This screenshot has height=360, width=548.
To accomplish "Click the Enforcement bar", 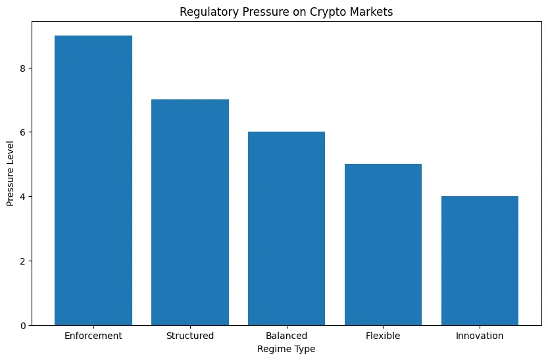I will click(x=93, y=180).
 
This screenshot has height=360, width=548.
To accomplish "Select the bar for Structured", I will click(x=190, y=212).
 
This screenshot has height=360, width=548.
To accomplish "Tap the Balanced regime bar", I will click(x=286, y=228).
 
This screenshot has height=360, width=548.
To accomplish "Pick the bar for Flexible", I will click(x=383, y=244).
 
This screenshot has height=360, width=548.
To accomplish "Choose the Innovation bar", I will click(x=480, y=261).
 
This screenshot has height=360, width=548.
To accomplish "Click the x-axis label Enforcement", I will click(x=93, y=336).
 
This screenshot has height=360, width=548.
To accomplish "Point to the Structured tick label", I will click(x=190, y=336).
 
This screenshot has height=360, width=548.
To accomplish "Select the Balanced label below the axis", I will click(x=286, y=336).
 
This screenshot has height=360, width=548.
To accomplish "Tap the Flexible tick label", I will click(x=383, y=336).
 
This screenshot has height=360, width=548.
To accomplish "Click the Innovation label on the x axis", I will click(x=480, y=336).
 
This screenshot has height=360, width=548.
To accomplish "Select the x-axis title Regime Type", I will click(x=286, y=349).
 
